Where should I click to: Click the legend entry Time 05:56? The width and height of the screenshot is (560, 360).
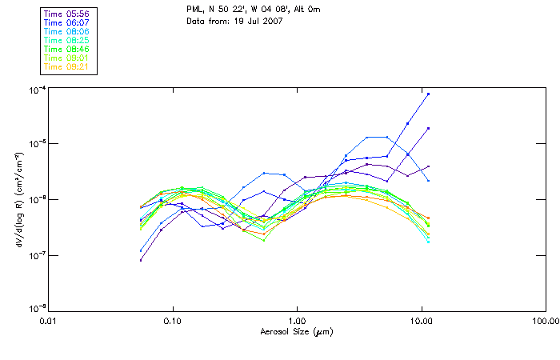tap(68, 14)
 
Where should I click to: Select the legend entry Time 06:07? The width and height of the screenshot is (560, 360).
tap(68, 22)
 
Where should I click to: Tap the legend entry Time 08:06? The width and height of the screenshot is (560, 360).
tap(68, 31)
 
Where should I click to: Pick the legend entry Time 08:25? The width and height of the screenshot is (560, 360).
tap(68, 40)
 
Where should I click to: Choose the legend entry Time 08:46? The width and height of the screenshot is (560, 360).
tap(68, 49)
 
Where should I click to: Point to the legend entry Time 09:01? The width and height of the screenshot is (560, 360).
tap(68, 58)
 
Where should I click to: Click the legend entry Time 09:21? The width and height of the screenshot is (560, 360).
tap(68, 66)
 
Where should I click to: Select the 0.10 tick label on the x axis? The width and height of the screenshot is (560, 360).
tap(173, 321)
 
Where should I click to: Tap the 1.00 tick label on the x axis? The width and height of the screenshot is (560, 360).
tap(298, 321)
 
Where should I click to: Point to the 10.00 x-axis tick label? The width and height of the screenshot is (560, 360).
tap(422, 321)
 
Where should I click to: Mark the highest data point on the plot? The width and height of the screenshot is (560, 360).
tap(429, 94)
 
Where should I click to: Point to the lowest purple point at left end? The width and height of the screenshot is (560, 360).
tap(141, 260)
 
